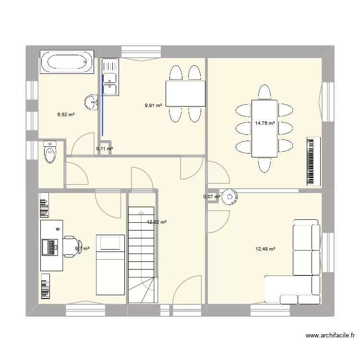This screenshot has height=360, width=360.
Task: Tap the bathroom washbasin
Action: [x=91, y=100]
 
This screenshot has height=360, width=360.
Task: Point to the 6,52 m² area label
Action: [x=66, y=114]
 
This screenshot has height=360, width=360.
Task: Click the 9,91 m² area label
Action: [x=154, y=106]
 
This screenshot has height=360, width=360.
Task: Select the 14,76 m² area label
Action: [x=265, y=123]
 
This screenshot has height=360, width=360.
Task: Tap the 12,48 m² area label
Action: [x=265, y=249]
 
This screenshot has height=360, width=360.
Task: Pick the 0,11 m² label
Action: [x=104, y=149]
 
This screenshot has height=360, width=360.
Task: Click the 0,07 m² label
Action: [x=211, y=197]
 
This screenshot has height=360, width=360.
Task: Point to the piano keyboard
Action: [x=313, y=161]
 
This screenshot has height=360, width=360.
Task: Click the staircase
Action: [x=141, y=254]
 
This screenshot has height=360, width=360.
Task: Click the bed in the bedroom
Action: [x=110, y=264]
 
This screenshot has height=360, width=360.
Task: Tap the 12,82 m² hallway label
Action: [x=157, y=222]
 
